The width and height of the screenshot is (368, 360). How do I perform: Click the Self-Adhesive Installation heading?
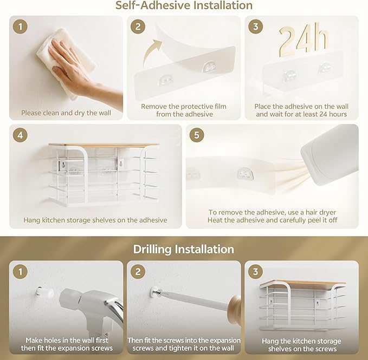(184, 5)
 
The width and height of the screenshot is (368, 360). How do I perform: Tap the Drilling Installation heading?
(184, 249)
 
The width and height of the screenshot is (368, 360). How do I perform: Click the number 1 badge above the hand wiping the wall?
(20, 27)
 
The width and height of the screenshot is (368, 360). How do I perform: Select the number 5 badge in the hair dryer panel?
(197, 135)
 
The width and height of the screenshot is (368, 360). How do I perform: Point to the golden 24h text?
(303, 40)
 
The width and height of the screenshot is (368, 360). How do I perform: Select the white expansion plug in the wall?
(44, 292)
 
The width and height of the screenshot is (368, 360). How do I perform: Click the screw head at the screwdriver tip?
(156, 292)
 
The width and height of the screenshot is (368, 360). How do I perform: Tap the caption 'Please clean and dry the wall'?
(66, 113)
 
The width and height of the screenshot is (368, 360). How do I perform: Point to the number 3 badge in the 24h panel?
(256, 27)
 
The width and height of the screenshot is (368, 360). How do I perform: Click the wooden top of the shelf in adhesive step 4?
(104, 145)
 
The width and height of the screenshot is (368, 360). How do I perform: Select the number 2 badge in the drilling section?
(138, 272)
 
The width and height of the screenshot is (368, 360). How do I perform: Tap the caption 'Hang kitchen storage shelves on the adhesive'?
(95, 220)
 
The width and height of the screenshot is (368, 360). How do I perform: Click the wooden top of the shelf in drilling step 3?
(303, 284)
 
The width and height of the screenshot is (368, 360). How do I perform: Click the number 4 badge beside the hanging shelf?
(20, 135)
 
